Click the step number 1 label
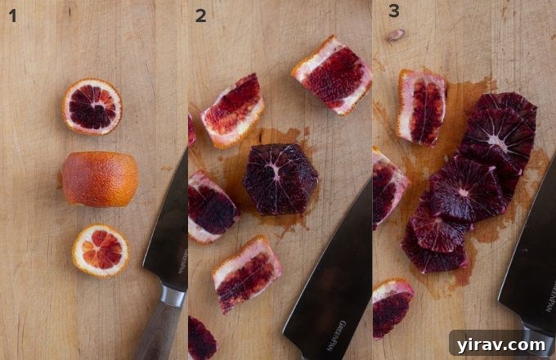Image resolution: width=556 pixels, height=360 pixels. [12, 15]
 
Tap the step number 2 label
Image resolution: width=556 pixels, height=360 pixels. [200, 15]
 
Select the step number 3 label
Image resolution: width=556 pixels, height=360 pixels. [394, 12]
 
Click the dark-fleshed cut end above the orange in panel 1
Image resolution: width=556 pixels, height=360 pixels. [92, 106]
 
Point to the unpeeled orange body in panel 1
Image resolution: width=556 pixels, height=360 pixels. [99, 178]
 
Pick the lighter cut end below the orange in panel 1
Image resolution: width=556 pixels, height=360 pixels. [100, 250]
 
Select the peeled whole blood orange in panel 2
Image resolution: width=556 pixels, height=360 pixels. [280, 178]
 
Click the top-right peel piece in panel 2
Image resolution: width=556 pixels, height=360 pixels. [332, 74]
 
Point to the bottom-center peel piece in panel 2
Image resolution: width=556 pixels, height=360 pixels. [247, 273]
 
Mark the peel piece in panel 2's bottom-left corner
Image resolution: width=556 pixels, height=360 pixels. [202, 337]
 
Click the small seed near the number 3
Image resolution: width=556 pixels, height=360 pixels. [396, 35]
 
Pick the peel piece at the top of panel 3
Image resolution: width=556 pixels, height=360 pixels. [422, 106]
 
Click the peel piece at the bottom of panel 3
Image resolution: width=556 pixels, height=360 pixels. [392, 306]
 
